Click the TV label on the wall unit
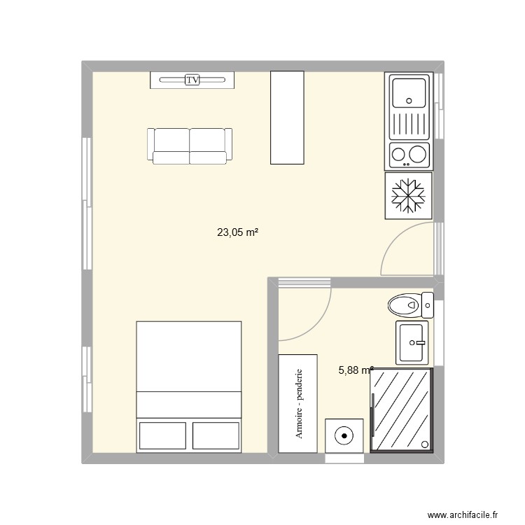click(192, 80)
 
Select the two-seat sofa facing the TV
click(189, 146)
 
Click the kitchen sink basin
click(409, 92)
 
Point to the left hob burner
click(400, 153)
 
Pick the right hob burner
click(419, 153)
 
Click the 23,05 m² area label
click(239, 234)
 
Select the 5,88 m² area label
click(356, 371)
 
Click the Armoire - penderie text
click(299, 404)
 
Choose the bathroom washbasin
click(413, 343)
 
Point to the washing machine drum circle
click(344, 436)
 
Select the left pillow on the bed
click(162, 435)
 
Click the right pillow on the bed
click(216, 435)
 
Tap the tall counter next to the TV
click(288, 117)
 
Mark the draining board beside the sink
click(409, 127)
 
